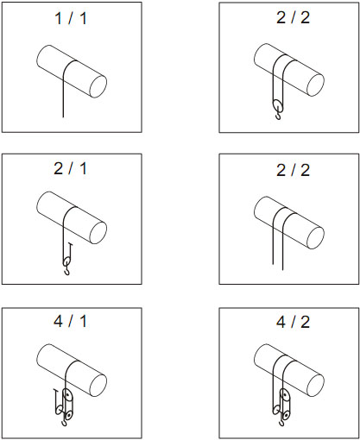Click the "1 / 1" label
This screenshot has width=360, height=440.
click(71, 18)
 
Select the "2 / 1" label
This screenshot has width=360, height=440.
click(70, 168)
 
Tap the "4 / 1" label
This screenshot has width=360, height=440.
click(70, 321)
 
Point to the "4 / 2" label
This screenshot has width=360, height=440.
click(293, 322)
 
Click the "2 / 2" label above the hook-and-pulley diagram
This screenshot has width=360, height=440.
click(293, 18)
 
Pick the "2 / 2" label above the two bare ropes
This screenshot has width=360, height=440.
click(293, 171)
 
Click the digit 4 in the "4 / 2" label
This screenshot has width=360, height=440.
click(281, 322)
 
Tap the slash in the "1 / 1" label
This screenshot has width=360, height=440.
click(71, 18)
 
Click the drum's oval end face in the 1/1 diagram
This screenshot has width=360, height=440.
click(98, 86)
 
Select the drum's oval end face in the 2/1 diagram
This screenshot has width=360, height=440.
click(98, 233)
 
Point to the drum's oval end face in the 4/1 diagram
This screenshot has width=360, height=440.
click(98, 386)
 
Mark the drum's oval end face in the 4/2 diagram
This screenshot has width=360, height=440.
click(316, 386)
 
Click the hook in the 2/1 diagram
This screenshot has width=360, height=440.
click(67, 271)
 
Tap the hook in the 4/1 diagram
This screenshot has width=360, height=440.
click(64, 423)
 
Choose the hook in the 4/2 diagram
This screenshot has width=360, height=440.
click(281, 423)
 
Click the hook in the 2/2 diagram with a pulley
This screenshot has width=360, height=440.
click(278, 116)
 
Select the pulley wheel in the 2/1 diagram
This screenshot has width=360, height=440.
click(66, 261)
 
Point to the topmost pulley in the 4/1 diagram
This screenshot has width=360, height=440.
click(67, 395)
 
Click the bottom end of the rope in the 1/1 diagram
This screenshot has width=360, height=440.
click(63, 117)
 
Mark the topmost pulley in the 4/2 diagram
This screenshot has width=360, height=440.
click(285, 395)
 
